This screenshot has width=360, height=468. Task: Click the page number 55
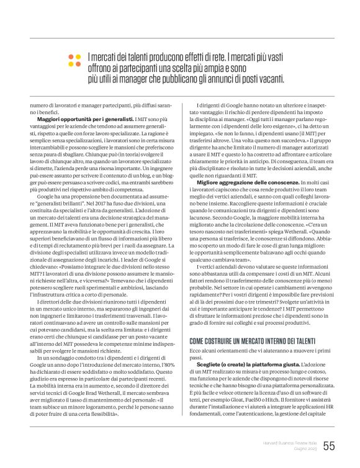click(328, 446)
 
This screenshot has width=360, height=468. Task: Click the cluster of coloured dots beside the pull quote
click(74, 60)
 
